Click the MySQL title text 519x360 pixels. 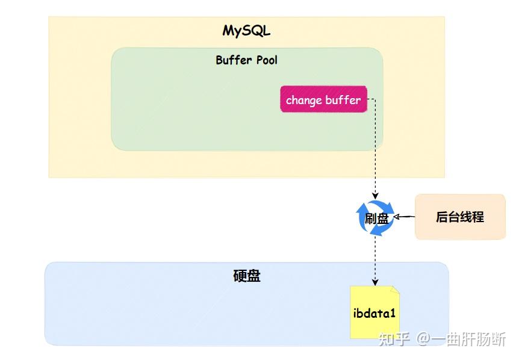pyautogui.click(x=246, y=31)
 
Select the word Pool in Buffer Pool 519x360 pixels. pyautogui.click(x=266, y=60)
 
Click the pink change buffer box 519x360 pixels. pyautogui.click(x=323, y=100)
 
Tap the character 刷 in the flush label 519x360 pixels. pyautogui.click(x=370, y=218)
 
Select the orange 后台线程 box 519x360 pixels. pyautogui.click(x=460, y=217)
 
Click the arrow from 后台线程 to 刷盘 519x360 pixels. pyautogui.click(x=405, y=217)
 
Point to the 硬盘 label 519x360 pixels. pyautogui.click(x=246, y=276)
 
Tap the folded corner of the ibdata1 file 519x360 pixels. pyautogui.click(x=395, y=290)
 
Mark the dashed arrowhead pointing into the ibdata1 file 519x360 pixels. pyautogui.click(x=375, y=282)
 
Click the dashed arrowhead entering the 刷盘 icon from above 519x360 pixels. pyautogui.click(x=375, y=196)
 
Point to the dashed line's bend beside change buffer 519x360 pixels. pyautogui.click(x=375, y=100)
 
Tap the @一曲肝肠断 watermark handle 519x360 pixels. pyautogui.click(x=462, y=340)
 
